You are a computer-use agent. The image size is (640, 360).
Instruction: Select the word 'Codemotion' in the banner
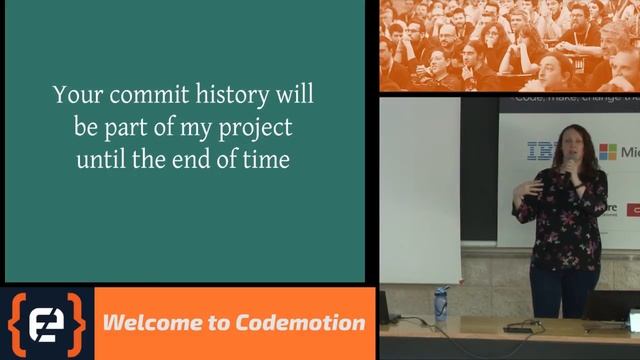300,323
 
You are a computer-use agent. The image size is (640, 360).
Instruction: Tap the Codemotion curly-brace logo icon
47,324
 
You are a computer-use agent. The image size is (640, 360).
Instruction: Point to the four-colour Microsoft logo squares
607,152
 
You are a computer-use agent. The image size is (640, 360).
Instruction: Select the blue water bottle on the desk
441,303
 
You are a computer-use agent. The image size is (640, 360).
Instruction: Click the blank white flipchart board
420,190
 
